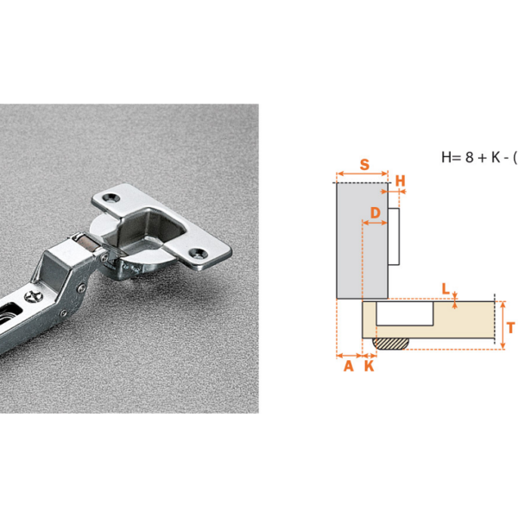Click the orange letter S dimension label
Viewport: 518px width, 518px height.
coord(364,164)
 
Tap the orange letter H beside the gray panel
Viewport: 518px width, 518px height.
coord(400,181)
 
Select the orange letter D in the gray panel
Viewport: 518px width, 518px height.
coord(376,212)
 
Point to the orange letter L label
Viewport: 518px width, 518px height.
coord(445,289)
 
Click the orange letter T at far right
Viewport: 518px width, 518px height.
coord(511,328)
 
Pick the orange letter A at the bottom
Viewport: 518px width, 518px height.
coord(349,366)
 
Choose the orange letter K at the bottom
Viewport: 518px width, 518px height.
coord(370,366)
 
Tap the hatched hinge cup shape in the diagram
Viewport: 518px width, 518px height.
coord(390,344)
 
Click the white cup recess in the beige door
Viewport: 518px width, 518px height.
coord(405,313)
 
